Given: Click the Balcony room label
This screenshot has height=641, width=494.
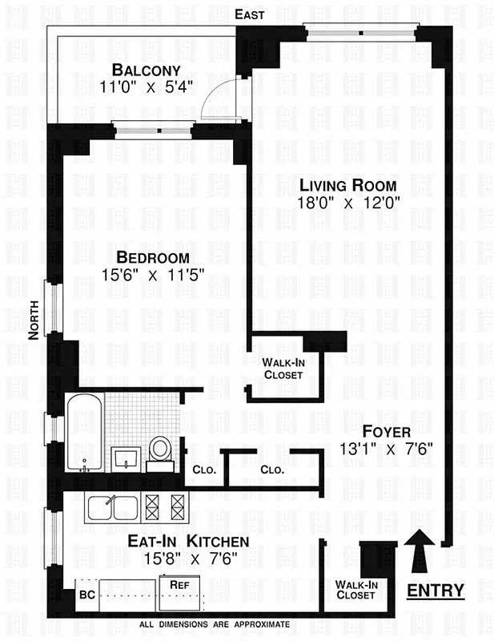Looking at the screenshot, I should coord(147,69).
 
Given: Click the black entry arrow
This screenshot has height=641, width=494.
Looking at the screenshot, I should coord(421,551).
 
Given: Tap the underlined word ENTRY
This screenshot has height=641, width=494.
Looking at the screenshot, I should coord(436,591).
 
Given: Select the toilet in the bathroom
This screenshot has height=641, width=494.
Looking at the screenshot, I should coord(160,451).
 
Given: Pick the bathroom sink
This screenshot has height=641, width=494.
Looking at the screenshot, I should coord(125,459).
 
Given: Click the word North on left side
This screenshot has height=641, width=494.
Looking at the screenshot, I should coord(34,320).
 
